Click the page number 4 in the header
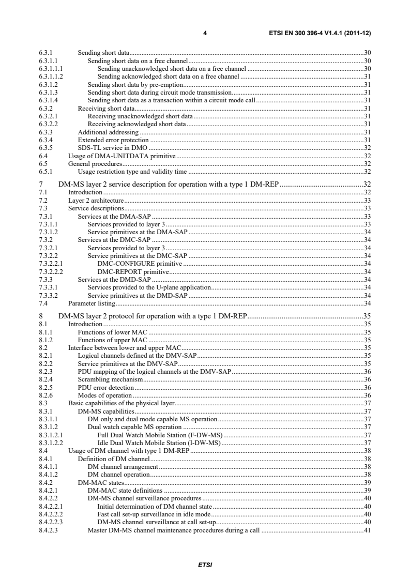(205, 33)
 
